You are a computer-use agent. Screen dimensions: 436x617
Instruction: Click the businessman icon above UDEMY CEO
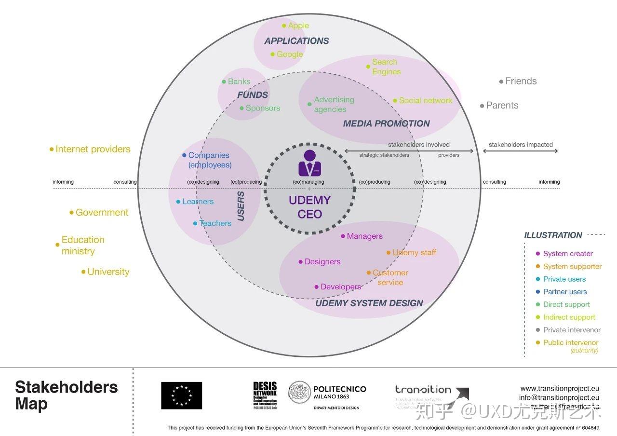(309, 163)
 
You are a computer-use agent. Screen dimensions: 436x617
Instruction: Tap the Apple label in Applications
(298, 26)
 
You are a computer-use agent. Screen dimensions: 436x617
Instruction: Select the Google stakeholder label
(289, 54)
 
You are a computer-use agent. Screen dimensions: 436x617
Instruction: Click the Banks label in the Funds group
(239, 82)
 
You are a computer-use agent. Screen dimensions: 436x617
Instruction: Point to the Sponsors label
(262, 108)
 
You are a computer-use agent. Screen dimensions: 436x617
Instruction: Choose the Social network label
(425, 100)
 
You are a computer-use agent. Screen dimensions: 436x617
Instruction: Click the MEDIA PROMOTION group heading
(386, 123)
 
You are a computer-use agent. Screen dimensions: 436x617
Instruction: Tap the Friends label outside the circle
(521, 81)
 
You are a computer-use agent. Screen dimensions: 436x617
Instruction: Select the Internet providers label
(93, 149)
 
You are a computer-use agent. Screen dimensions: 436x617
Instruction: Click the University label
(108, 272)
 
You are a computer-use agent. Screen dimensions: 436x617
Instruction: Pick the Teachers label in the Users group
(215, 223)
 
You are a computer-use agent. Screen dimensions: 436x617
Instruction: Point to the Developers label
(340, 286)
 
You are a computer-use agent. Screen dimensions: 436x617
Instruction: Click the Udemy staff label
(414, 252)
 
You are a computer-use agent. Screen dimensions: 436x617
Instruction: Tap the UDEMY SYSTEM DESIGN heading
(369, 303)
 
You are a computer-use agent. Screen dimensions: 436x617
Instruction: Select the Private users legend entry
(564, 279)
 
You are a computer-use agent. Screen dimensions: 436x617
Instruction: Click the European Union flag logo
(181, 395)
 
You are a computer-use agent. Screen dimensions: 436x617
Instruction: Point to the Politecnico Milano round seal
(299, 392)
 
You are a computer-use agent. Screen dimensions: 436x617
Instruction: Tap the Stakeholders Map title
(66, 395)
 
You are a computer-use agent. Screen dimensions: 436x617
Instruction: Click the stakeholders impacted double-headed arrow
(520, 151)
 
